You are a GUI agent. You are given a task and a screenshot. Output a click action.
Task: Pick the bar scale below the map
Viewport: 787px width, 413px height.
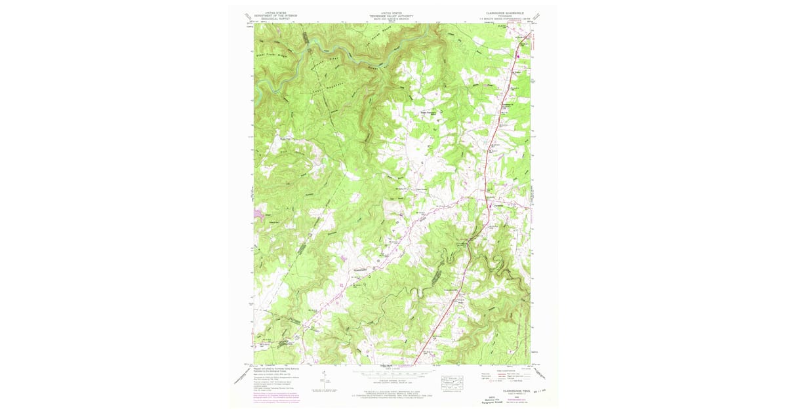click(391, 374)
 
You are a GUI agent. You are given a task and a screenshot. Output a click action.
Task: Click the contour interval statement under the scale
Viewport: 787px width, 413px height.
click(391, 380)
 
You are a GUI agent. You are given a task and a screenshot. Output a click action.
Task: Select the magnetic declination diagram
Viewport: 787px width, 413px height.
click(324, 378)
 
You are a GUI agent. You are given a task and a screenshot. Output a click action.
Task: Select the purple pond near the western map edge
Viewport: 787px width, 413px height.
click(256, 214)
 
